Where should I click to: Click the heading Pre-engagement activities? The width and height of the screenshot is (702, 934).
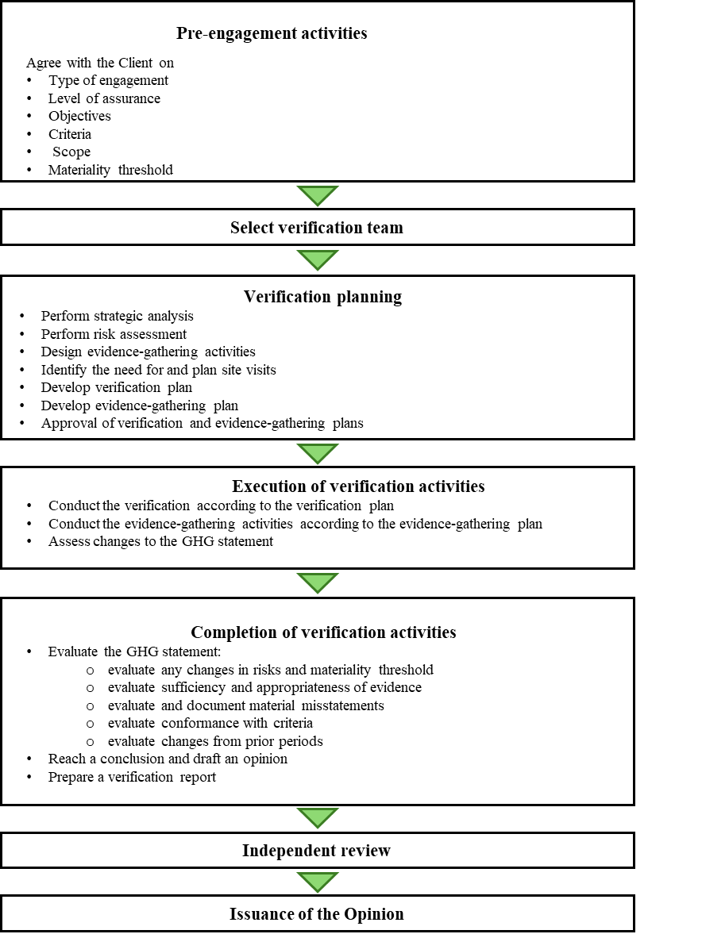271,34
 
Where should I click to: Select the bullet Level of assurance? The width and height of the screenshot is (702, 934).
104,98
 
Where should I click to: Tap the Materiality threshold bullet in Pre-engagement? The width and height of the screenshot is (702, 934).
110,170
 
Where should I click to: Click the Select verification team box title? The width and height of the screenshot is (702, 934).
317,228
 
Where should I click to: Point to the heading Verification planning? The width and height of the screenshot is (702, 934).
322,297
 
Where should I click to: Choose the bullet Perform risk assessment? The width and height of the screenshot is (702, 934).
114,334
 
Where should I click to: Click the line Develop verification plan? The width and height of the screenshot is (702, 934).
116,387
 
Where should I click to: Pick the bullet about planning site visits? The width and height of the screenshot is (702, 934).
158,370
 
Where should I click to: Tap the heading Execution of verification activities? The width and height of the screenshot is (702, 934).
358,486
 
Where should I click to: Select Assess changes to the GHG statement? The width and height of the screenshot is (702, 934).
160,541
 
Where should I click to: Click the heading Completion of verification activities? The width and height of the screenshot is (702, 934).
323,632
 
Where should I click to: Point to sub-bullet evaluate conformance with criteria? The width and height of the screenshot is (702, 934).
210,723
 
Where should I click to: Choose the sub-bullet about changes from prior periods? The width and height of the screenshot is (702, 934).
215,741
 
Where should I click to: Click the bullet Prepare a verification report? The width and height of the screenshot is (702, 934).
132,777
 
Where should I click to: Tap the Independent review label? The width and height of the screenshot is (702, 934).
316,851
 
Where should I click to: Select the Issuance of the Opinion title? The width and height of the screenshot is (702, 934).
317,914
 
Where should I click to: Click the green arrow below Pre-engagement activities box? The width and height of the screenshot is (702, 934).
317,195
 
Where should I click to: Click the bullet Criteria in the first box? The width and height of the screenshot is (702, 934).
69,134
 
